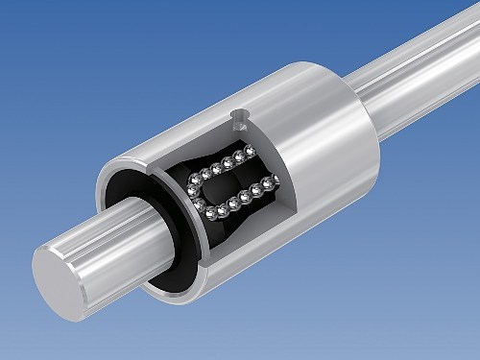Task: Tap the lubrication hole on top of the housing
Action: point(241,117)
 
